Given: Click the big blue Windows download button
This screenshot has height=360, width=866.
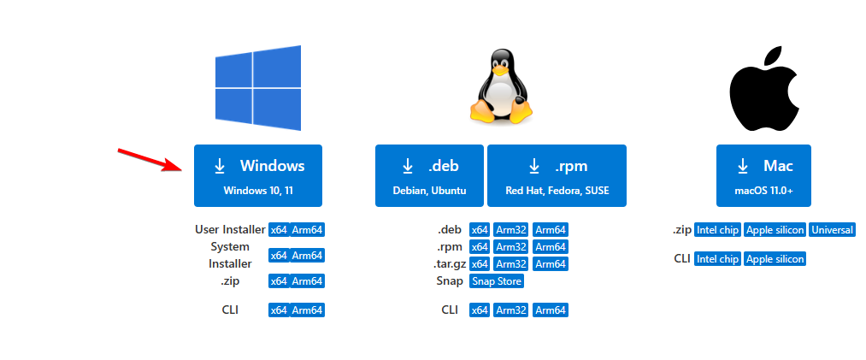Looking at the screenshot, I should [x=258, y=175].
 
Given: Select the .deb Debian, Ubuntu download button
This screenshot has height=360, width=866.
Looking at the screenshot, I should [x=429, y=175].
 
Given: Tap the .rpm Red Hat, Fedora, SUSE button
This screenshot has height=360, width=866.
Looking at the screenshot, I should [x=557, y=175].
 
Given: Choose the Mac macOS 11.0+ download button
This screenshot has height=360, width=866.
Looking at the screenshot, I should [x=763, y=175].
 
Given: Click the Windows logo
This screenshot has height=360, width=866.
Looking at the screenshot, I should [x=258, y=88].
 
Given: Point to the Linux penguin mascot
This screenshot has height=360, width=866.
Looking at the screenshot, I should [x=499, y=86].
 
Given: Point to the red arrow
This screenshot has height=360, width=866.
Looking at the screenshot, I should [x=150, y=159].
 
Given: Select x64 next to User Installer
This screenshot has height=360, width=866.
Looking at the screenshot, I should [x=279, y=230].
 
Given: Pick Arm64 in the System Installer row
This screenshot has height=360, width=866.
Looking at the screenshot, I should [x=308, y=255].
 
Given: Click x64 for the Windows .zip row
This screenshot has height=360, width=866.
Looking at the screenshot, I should [x=279, y=280].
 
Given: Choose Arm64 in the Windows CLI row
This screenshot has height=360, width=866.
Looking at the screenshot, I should [x=308, y=310].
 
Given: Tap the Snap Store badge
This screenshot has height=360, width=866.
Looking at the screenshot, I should [x=496, y=280].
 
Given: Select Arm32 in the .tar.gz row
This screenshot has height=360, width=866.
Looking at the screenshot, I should [x=511, y=263].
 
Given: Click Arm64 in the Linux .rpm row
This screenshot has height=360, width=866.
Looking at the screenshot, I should [x=550, y=247].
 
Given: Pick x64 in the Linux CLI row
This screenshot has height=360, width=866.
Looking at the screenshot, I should [x=479, y=310].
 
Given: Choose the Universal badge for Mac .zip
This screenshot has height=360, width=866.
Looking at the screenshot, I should [x=832, y=230].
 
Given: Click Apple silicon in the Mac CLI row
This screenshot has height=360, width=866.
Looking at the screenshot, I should [x=775, y=258].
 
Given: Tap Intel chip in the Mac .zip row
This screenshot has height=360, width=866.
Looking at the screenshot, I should [x=717, y=230].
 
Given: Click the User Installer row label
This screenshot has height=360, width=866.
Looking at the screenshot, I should [x=229, y=230].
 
